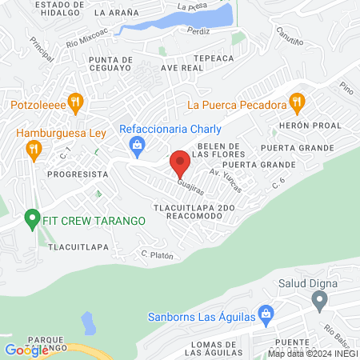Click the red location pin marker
tap(180, 164)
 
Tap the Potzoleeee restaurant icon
tap(76, 102)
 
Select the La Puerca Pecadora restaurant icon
tap(297, 102)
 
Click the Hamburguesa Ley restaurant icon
tap(34, 148)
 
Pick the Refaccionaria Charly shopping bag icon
tap(138, 144)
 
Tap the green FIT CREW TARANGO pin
tap(32, 218)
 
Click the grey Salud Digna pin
tap(319, 302)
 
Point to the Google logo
tap(26, 350)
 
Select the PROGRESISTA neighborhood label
tap(77, 173)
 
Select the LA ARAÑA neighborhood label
tap(115, 14)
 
